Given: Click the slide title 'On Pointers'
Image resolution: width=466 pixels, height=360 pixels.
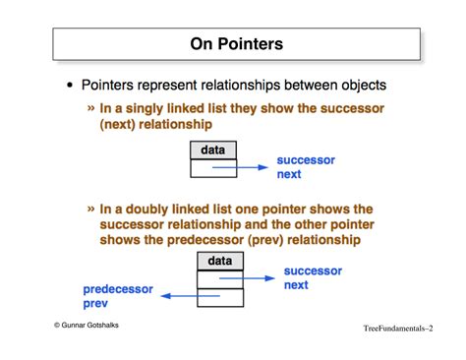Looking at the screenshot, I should coord(236,44).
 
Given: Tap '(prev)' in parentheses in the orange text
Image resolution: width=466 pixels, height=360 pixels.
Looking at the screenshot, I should coord(254,240).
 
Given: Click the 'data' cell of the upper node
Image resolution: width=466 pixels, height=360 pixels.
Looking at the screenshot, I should coord(212,150).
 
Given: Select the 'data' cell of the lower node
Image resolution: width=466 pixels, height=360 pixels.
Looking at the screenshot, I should coord(219,262).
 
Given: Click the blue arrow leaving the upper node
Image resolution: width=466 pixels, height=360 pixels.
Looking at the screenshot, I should coord(242,168).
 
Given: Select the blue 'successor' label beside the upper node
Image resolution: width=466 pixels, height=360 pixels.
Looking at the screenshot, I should coord(306,158).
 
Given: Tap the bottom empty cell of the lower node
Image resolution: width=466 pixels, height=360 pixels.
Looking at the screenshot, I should coord(219,296).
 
